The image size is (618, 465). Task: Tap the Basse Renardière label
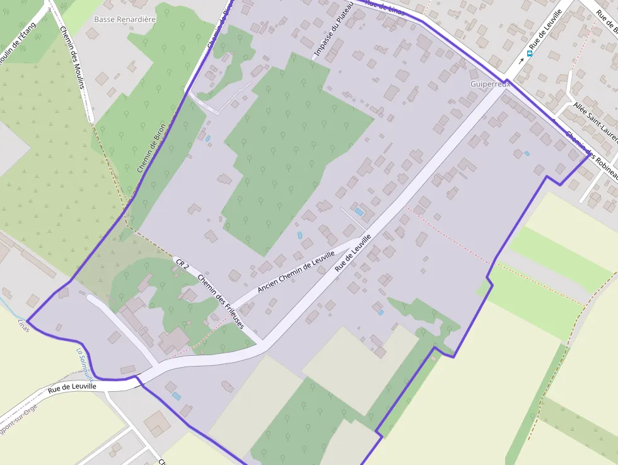124,20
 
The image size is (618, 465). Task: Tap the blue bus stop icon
529,53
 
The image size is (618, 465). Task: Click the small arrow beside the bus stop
521,61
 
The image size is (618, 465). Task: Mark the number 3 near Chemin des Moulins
49,10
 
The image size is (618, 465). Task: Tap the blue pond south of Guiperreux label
527,153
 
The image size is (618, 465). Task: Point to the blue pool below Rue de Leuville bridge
176,396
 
